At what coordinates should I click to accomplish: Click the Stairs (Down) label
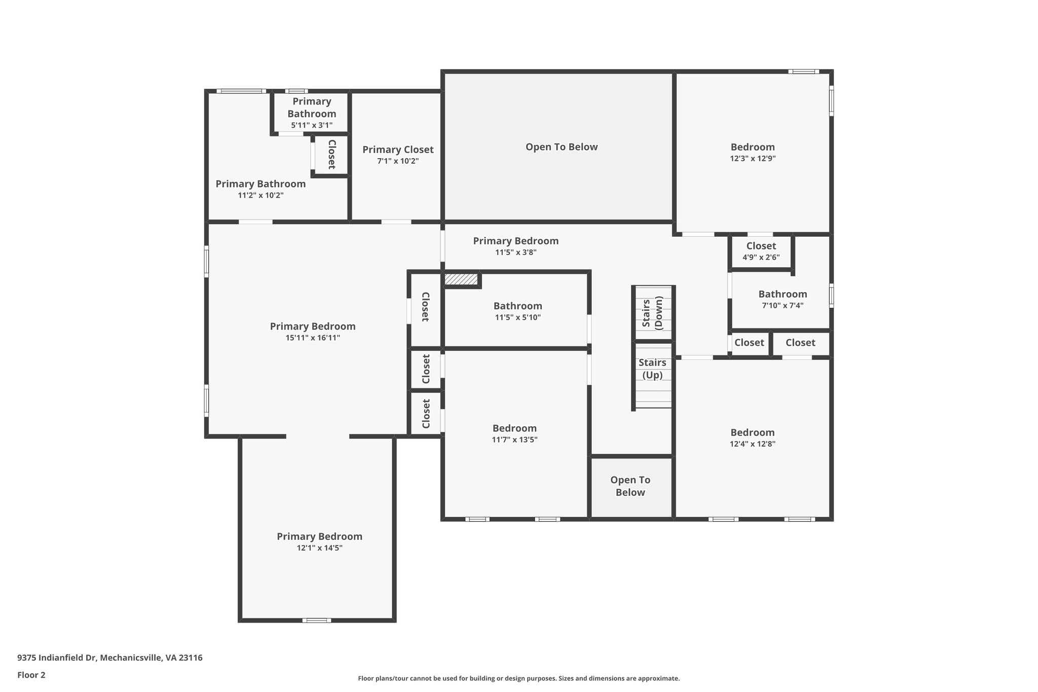[652, 314]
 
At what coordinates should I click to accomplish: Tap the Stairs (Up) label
[652, 369]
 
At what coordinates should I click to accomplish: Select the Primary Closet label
[398, 150]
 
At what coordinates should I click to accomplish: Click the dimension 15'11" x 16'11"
[313, 338]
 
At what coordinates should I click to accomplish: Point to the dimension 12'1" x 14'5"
[319, 548]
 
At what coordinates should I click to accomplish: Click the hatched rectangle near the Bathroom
[461, 279]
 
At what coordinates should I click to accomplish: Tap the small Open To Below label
[630, 486]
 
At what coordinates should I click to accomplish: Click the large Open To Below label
[562, 147]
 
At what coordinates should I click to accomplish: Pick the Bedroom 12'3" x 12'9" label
[753, 147]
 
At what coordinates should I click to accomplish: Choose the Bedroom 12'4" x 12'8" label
[753, 432]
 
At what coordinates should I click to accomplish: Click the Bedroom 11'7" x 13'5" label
[514, 428]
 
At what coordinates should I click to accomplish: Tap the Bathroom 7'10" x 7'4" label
[783, 294]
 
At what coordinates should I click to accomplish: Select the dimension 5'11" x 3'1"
[312, 125]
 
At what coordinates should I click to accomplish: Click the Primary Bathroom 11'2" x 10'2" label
[261, 184]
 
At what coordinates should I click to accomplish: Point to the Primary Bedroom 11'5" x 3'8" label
[516, 241]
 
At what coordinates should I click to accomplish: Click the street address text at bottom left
[110, 658]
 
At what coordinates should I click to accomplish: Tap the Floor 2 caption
[31, 675]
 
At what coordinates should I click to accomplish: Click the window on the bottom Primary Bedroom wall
[317, 620]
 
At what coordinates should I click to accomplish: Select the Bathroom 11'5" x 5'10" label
[517, 306]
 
